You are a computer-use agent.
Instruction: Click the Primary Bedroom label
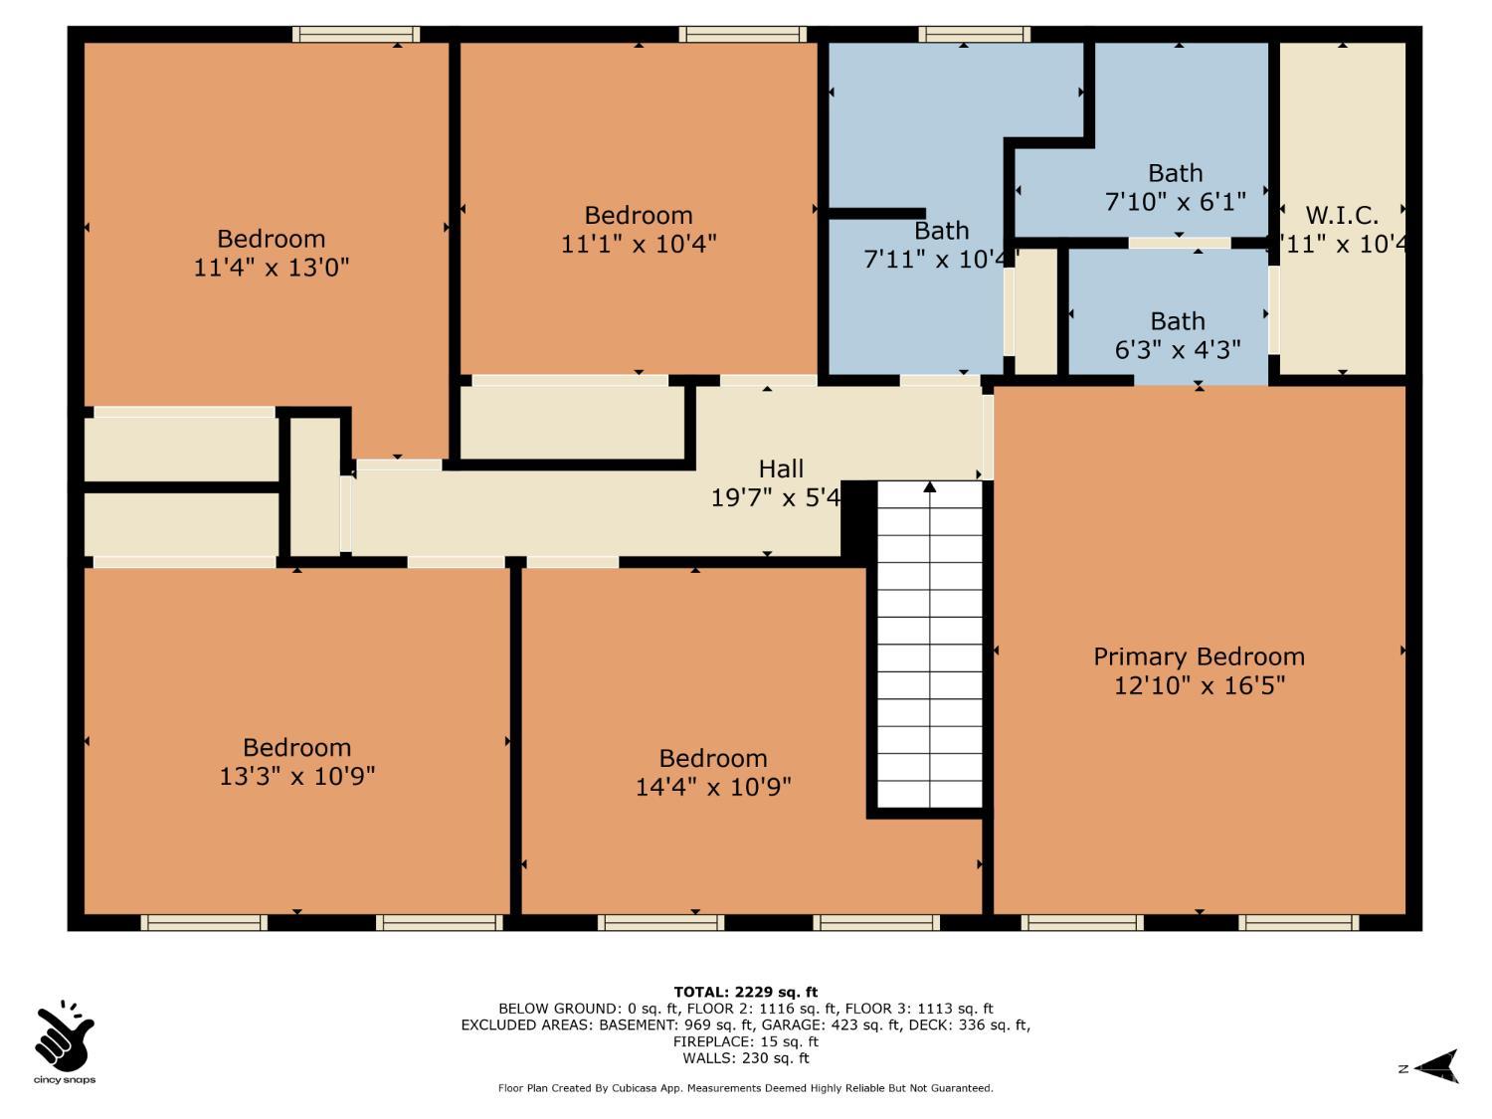click(x=1199, y=657)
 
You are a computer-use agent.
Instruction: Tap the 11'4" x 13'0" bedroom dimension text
click(x=272, y=268)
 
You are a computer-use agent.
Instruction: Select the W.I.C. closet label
click(x=1342, y=216)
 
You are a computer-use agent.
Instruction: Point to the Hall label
click(x=781, y=468)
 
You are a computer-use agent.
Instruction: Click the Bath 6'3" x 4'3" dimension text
click(x=1178, y=350)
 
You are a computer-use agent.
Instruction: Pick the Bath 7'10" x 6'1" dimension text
click(x=1176, y=202)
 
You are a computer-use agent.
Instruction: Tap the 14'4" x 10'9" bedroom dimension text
click(x=713, y=787)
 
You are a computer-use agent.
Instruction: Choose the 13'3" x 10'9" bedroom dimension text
click(x=297, y=776)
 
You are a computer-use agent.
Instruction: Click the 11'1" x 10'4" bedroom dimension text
click(x=639, y=244)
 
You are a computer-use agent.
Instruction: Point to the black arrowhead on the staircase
click(x=930, y=486)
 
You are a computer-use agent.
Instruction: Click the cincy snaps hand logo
click(x=65, y=1036)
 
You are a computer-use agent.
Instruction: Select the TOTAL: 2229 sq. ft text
click(x=746, y=992)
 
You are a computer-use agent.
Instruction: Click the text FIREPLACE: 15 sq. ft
click(x=746, y=1041)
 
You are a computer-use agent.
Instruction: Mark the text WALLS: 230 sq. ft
click(x=746, y=1058)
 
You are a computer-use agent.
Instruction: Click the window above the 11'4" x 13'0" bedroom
click(x=356, y=34)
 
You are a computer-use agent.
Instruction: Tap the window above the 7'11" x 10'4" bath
click(x=974, y=34)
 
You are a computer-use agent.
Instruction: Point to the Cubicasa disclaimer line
click(x=746, y=1088)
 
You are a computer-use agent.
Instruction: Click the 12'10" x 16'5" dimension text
click(x=1199, y=685)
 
